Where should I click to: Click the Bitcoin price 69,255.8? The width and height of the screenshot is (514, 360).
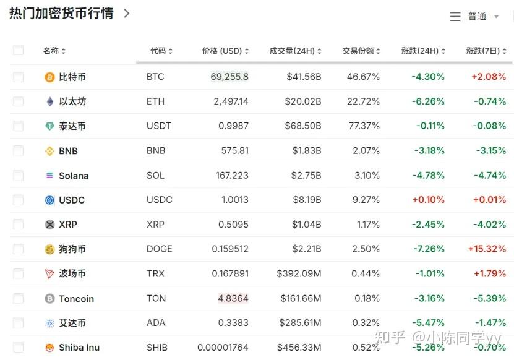229,77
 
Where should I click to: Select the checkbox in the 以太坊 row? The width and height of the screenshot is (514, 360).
18,101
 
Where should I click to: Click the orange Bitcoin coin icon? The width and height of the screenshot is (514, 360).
49,77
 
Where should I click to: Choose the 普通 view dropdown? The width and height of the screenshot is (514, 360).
475,17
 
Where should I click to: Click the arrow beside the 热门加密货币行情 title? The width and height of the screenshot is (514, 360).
127,13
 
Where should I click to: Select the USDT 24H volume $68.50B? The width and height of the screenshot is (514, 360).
304,126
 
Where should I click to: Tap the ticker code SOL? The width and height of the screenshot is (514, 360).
155,175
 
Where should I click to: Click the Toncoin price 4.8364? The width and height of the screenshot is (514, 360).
233,298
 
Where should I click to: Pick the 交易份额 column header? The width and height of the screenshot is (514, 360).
361,51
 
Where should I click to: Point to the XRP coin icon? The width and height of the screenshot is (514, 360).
49,225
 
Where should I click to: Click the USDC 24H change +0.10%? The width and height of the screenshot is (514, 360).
428,200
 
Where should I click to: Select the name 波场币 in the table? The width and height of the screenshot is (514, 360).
72,273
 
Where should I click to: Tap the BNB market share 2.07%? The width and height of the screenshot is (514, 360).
368,150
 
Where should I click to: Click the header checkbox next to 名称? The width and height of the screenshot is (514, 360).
18,50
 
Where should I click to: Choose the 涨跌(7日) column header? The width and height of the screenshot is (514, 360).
486,51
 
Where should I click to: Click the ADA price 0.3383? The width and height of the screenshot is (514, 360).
233,322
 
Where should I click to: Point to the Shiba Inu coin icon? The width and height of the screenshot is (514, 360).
49,348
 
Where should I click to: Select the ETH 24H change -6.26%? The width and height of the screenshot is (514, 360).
428,101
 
